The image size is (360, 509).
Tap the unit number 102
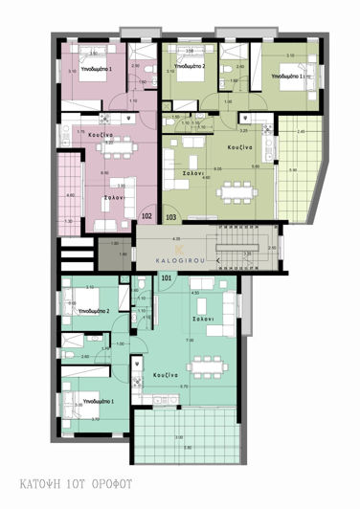pos(146,216)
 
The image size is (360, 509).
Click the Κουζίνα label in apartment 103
pos(239,148)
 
